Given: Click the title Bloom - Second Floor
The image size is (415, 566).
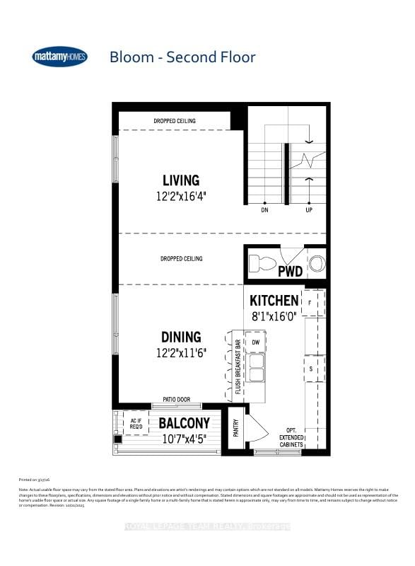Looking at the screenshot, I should [182, 57].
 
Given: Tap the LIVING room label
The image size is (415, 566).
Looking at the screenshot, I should [181, 180].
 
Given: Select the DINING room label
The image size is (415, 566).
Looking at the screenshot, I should [181, 337].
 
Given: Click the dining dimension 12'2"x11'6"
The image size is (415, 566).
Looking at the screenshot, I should [181, 352].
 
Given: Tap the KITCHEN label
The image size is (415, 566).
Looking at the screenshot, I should [274, 301].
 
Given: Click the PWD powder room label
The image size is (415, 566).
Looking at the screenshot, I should [290, 270].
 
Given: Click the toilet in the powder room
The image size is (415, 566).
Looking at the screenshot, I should [262, 264].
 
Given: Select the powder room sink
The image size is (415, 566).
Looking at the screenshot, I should [317, 263].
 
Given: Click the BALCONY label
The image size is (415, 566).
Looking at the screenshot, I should [184, 423].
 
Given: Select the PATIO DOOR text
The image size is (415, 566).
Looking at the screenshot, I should [175, 400].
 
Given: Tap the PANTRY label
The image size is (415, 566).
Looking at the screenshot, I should [235, 429].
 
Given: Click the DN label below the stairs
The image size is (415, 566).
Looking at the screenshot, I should [264, 210].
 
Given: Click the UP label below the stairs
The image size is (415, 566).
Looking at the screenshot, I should [309, 210].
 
